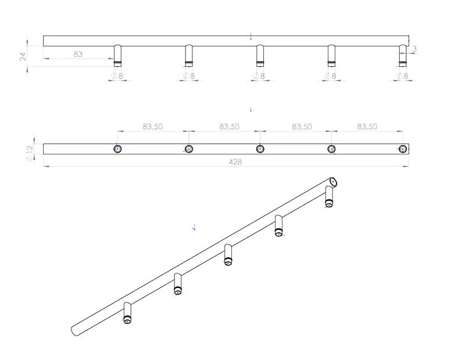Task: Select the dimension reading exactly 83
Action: point(78,54)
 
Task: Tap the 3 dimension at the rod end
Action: point(414,49)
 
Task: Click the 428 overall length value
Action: point(235,162)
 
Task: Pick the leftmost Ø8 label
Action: point(117,76)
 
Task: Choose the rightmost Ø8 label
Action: point(402,76)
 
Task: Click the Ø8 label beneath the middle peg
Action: point(259,76)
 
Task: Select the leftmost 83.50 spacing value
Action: point(152,127)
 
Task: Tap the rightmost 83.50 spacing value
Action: point(367,127)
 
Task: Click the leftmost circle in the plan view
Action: point(117,149)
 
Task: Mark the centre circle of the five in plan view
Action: point(260,149)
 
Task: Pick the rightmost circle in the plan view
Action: point(403,149)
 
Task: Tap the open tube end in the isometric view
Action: point(334,181)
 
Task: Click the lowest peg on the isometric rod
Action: point(128,313)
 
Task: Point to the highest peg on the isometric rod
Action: point(329,196)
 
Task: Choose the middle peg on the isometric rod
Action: point(228,255)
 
